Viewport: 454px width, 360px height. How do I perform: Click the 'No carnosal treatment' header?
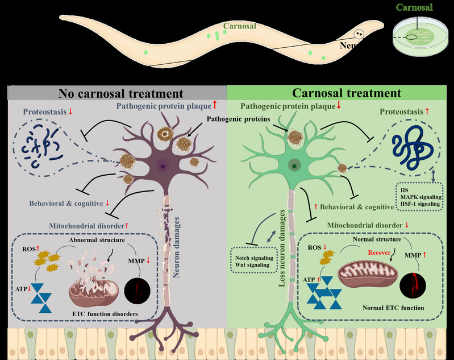(120, 93)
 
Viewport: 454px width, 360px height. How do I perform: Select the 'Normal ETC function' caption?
(391, 308)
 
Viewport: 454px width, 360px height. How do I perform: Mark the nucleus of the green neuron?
(294, 166)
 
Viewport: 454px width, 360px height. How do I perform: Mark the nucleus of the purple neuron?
(164, 167)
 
